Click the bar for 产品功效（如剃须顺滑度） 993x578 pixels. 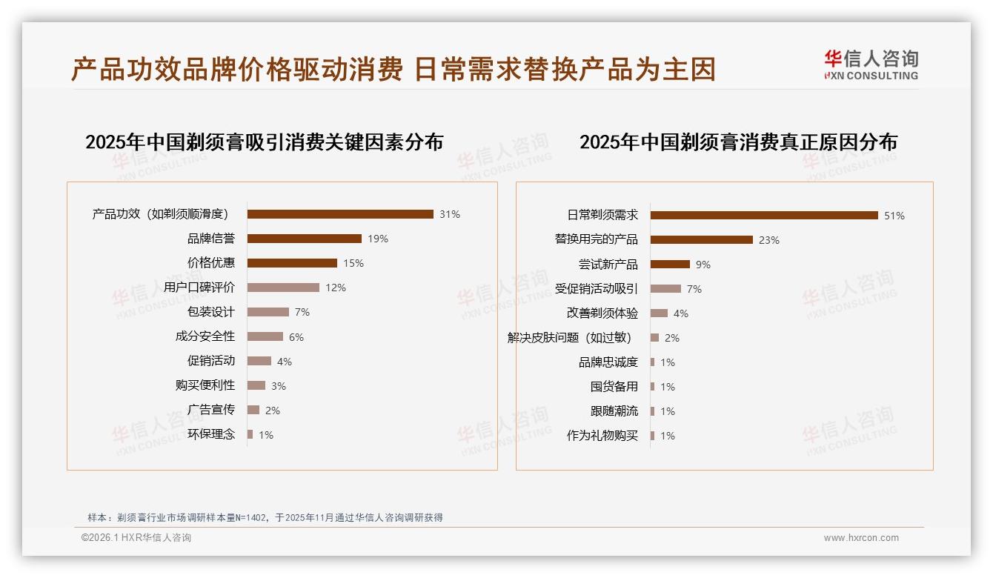pyautogui.click(x=340, y=214)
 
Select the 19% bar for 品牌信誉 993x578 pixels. pyautogui.click(x=304, y=239)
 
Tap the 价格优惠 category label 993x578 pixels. pyautogui.click(x=211, y=263)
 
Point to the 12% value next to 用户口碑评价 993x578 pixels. pyautogui.click(x=336, y=288)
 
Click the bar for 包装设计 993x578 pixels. pyautogui.click(x=268, y=312)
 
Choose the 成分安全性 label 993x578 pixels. pyautogui.click(x=205, y=336)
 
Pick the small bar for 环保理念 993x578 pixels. pyautogui.click(x=250, y=434)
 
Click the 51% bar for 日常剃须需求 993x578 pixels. pyautogui.click(x=764, y=216)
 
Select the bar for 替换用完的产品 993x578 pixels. pyautogui.click(x=701, y=240)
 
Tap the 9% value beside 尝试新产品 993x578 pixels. pyautogui.click(x=703, y=265)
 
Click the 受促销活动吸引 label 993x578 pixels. pyautogui.click(x=597, y=289)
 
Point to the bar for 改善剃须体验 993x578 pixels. pyautogui.click(x=659, y=313)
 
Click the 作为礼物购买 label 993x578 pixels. pyautogui.click(x=602, y=436)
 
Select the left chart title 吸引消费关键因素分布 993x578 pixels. pyautogui.click(x=265, y=142)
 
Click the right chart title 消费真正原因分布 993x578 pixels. pyautogui.click(x=738, y=142)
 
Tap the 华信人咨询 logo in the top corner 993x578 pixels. pyautogui.click(x=871, y=65)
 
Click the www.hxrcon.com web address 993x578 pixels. pyautogui.click(x=861, y=538)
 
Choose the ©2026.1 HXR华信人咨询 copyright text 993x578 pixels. pyautogui.click(x=136, y=538)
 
